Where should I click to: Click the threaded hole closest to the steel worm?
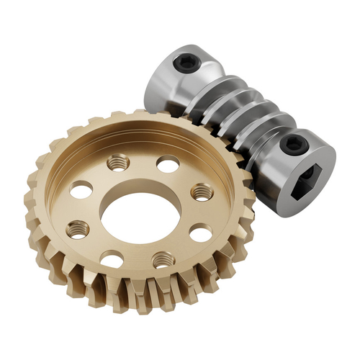(x=201, y=192)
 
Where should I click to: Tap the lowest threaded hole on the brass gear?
(x=162, y=261)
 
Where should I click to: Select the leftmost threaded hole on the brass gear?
(x=78, y=230)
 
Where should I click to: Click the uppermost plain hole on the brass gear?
(x=167, y=165)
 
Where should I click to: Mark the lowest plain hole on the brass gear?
(x=112, y=258)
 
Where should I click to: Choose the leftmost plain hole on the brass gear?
(x=81, y=191)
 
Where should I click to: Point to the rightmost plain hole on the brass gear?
(x=202, y=233)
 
